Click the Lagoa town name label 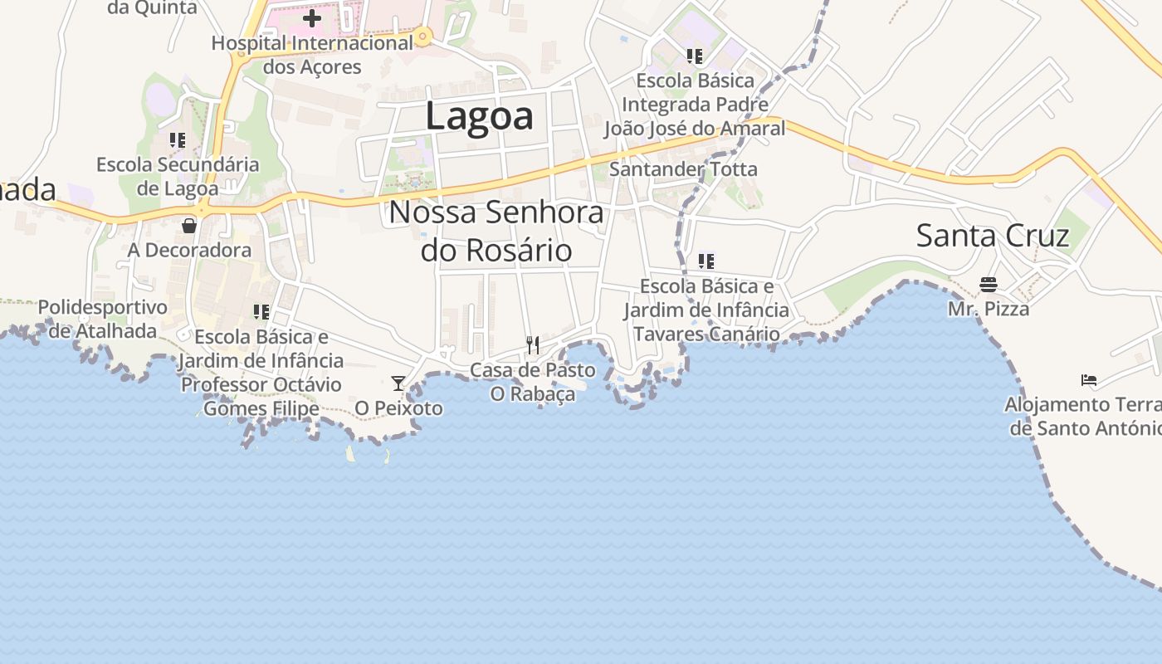pos(479,116)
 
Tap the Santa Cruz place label pos(992,236)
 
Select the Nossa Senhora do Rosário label pos(496,231)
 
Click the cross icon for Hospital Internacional pos(312,17)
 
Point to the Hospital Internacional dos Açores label pos(312,55)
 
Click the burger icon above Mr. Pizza pos(988,285)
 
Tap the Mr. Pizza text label pos(989,309)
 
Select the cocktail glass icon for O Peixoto pos(398,383)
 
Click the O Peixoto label pos(398,408)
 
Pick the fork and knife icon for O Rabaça pos(533,344)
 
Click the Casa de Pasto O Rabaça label pos(533,382)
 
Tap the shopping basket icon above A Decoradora pos(189,225)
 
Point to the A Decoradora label pos(189,250)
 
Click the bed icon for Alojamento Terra pos(1089,380)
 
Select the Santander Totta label pos(683,169)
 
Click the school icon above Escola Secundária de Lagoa pos(178,140)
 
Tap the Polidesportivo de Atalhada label pos(103,319)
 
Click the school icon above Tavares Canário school pos(706,261)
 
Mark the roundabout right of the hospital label pos(423,36)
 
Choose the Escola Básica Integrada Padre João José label pos(694,105)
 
